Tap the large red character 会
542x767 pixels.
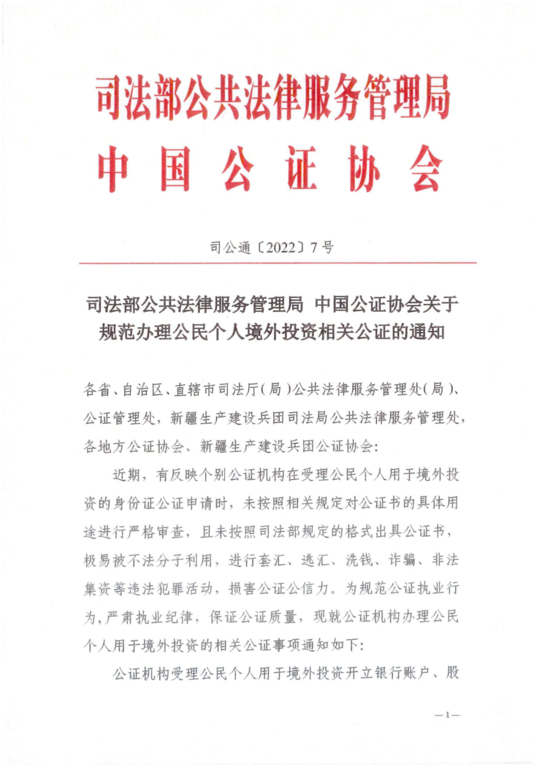[x=426, y=169]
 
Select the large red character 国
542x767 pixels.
[x=175, y=169]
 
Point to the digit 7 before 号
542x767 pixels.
[x=315, y=247]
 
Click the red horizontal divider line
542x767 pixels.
[x=278, y=263]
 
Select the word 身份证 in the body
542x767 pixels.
[x=127, y=503]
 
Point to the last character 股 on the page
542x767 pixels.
[x=453, y=673]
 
